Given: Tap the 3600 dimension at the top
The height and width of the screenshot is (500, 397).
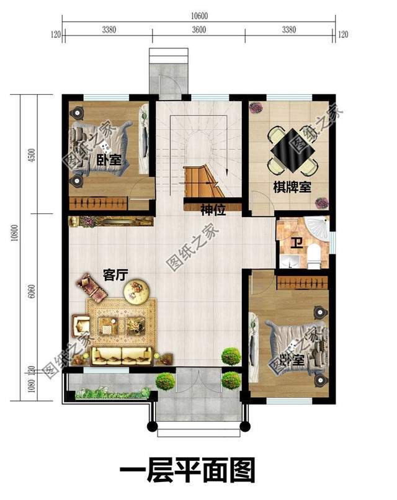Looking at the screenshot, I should coord(199,29).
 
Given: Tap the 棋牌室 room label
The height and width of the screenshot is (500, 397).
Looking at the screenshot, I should coord(292,186).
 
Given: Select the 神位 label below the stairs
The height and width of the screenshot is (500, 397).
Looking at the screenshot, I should coord(212,210).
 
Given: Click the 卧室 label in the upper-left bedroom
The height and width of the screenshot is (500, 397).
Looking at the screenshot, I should coord(109,161).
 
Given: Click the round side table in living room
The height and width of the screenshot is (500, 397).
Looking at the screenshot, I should coord(136,291).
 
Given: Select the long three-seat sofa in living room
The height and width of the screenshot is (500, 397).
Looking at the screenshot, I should coord(123,355).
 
